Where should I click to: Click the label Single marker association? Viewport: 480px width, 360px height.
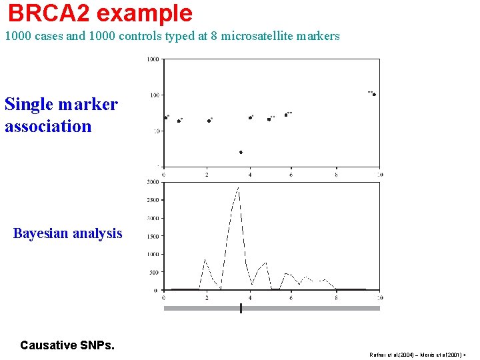click(61, 115)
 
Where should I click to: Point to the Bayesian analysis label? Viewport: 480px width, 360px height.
click(67, 233)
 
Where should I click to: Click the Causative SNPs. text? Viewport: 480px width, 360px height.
click(67, 345)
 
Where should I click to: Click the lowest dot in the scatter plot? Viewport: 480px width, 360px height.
click(241, 152)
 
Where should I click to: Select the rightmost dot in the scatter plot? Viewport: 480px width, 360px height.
click(374, 95)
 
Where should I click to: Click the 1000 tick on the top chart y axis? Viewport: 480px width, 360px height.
click(153, 59)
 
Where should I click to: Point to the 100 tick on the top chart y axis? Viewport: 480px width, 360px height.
click(154, 95)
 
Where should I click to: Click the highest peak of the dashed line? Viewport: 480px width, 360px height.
click(237, 189)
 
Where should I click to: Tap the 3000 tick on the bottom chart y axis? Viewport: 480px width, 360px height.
click(153, 181)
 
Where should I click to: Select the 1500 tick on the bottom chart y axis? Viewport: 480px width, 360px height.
click(153, 236)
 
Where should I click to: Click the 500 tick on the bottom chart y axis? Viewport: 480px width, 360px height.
click(154, 272)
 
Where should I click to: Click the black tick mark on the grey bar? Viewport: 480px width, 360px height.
click(241, 308)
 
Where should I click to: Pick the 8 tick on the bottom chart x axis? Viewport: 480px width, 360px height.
click(336, 297)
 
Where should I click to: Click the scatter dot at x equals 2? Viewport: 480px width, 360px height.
click(209, 121)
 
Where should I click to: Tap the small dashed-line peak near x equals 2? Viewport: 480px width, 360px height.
click(205, 260)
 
